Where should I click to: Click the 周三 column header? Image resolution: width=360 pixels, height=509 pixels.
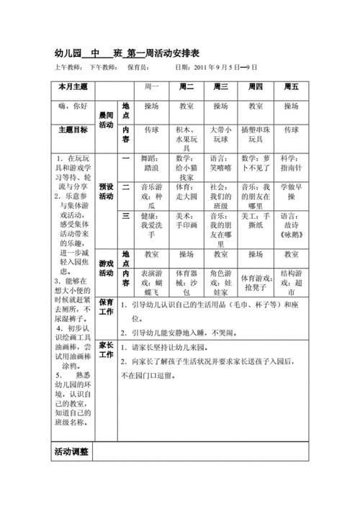[220, 87]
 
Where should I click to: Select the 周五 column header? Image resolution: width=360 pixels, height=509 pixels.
[290, 87]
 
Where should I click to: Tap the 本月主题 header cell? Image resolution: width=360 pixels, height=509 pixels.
[73, 87]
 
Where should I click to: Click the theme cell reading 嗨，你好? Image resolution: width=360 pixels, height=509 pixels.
[73, 106]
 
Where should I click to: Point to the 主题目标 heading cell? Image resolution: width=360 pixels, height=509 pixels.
[73, 130]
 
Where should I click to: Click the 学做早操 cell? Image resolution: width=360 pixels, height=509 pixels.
[290, 191]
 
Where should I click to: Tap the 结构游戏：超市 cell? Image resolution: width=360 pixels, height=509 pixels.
[290, 278]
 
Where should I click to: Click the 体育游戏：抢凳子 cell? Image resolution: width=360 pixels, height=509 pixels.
[256, 278]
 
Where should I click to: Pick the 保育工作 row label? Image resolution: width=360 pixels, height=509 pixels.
[106, 307]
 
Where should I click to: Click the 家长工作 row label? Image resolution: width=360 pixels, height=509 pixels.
[106, 350]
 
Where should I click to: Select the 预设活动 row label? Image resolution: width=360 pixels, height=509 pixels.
[106, 191]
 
